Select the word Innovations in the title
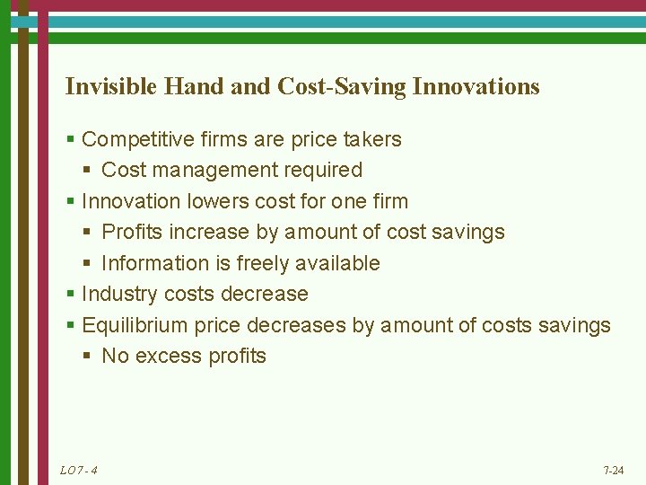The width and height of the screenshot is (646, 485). pos(476,86)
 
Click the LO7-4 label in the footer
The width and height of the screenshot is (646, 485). pos(78,471)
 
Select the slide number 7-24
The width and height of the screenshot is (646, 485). pos(614,471)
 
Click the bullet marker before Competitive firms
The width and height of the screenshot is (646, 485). pos(70,140)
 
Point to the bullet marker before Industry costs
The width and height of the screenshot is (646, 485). pos(70,295)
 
